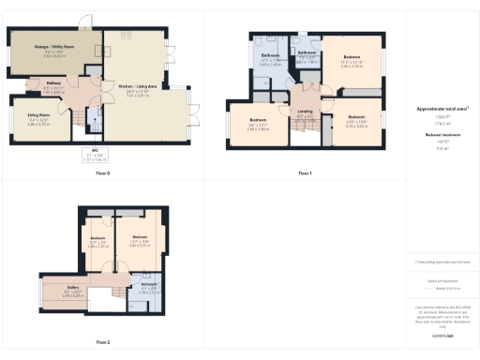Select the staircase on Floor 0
[x=94, y=120]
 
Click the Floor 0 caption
[x=103, y=174]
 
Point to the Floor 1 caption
[x=304, y=174]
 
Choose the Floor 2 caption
[x=103, y=342]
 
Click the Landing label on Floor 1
[x=305, y=112]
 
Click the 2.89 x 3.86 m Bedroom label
[x=258, y=123]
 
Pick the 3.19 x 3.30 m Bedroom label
[x=357, y=121]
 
